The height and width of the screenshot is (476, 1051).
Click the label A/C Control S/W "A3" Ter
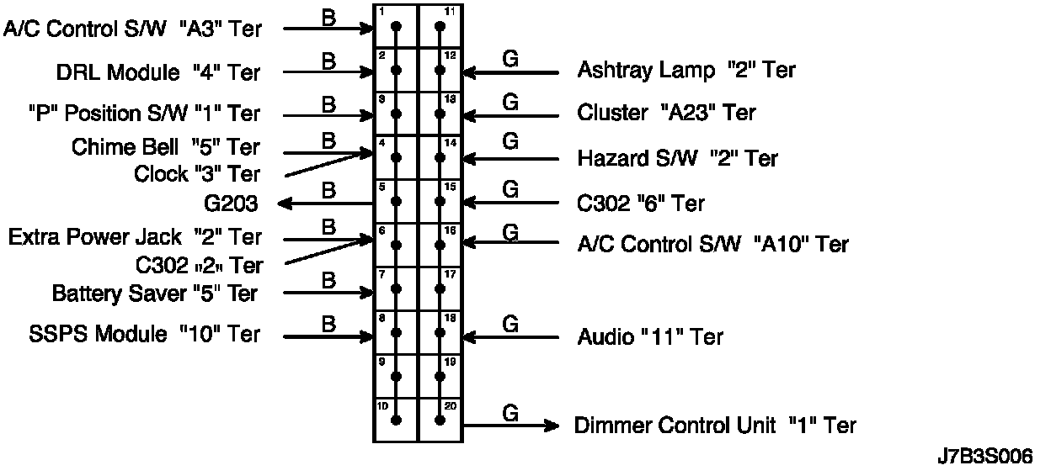[x=133, y=29]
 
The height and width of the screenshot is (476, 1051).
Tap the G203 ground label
[x=231, y=204]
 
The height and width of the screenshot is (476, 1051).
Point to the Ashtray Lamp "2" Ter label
[x=686, y=70]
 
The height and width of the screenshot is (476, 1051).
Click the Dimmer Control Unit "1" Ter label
[x=715, y=426]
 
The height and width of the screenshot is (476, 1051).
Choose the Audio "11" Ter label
[x=650, y=337]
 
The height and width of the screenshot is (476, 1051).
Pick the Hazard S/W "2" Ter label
[x=678, y=158]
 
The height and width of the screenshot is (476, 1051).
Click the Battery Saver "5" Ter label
[x=155, y=294]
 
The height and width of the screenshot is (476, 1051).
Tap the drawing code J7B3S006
[x=984, y=457]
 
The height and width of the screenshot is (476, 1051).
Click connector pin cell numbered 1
[x=396, y=26]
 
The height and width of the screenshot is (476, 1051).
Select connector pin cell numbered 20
[x=440, y=420]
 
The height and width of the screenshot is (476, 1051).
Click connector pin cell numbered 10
[x=396, y=420]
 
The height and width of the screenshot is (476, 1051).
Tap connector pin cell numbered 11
[x=440, y=26]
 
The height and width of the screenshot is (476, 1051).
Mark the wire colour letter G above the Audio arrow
[x=509, y=323]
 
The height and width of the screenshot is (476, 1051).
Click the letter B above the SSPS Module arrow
[x=329, y=323]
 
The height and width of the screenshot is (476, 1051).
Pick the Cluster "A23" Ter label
[x=667, y=113]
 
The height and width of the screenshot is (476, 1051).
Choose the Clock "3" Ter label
[x=197, y=175]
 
